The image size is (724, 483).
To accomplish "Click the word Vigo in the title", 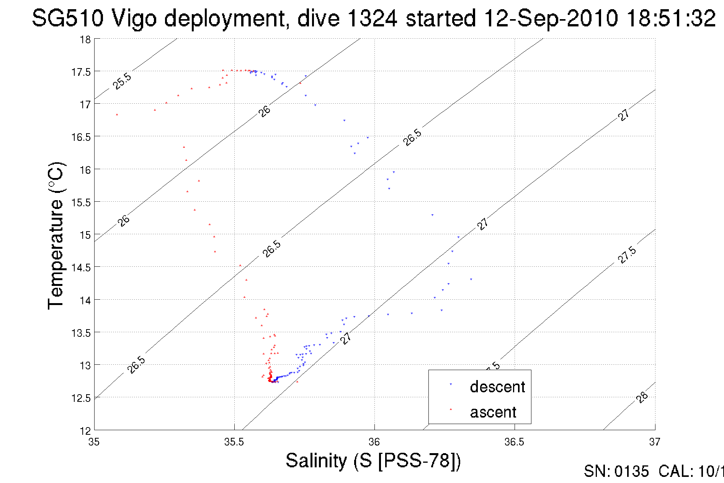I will pyautogui.click(x=134, y=18).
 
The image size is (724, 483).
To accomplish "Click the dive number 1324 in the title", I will pyautogui.click(x=373, y=18).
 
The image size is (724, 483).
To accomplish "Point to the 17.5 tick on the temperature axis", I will pyautogui.click(x=81, y=72).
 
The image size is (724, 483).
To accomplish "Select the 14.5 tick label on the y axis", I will pyautogui.click(x=81, y=268).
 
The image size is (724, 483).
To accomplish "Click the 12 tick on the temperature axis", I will pyautogui.click(x=85, y=431).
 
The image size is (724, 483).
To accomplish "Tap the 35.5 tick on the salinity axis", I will pyautogui.click(x=234, y=442).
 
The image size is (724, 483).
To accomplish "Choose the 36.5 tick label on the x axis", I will pyautogui.click(x=514, y=442).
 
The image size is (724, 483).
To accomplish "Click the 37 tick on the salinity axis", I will pyautogui.click(x=654, y=442).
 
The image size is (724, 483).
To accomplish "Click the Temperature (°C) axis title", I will pyautogui.click(x=56, y=236).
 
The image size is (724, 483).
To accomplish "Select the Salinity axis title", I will pyautogui.click(x=373, y=460).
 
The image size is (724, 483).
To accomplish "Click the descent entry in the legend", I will pyautogui.click(x=497, y=387).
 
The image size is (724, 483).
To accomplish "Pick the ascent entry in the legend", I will pyautogui.click(x=493, y=412).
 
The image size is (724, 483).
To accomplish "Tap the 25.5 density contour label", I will pyautogui.click(x=122, y=81).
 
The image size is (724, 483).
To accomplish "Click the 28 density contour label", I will pyautogui.click(x=642, y=397).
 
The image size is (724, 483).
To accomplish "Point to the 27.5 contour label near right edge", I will pyautogui.click(x=627, y=255).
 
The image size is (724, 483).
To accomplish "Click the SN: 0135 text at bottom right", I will pyautogui.click(x=616, y=472).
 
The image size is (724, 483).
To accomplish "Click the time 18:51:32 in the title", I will pyautogui.click(x=671, y=18).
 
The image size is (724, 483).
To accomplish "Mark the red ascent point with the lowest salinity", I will pyautogui.click(x=117, y=114).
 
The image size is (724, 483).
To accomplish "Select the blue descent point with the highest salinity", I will pyautogui.click(x=471, y=279).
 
